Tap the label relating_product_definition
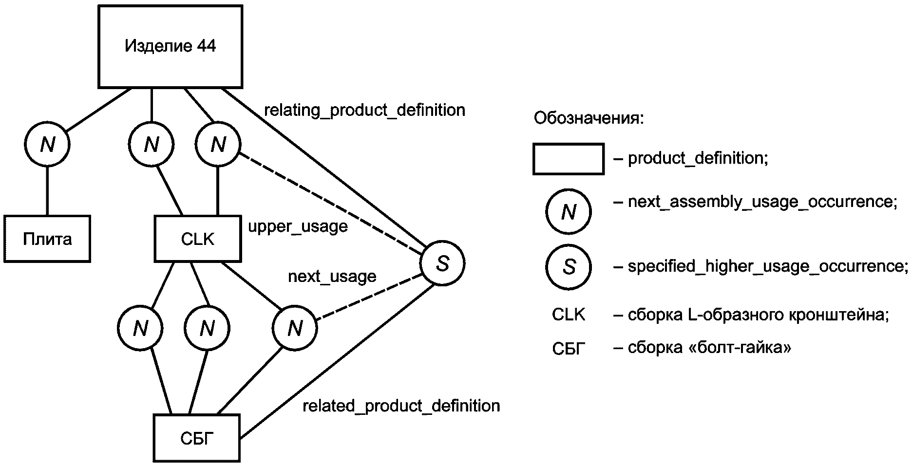pos(364,110)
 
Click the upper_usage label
pos(298,227)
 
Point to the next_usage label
pos(332,277)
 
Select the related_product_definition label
pos(401,406)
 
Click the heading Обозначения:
pos(589,118)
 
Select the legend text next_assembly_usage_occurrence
pos(762,202)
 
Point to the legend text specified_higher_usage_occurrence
pos(768,266)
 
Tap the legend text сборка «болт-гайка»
pos(709,348)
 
